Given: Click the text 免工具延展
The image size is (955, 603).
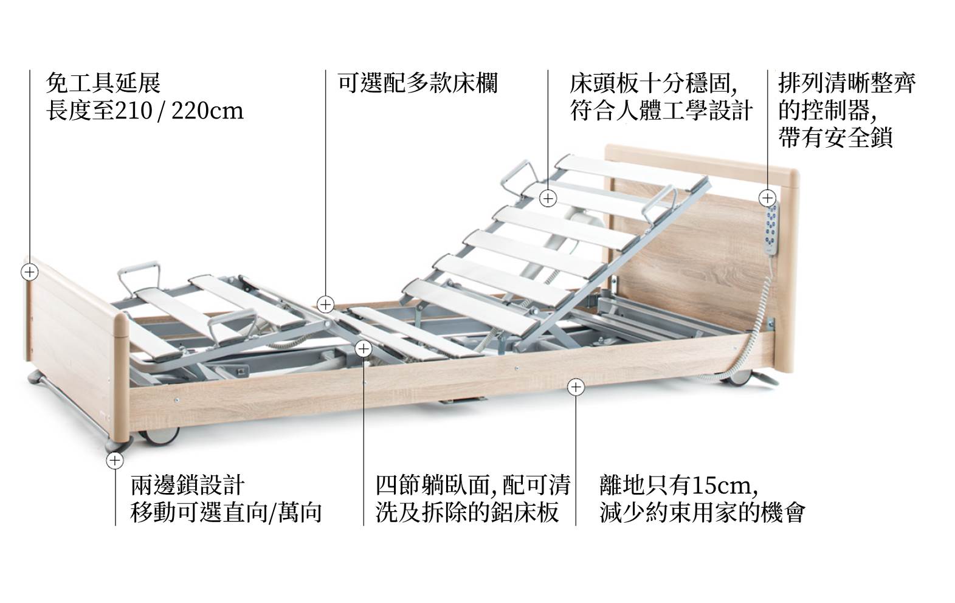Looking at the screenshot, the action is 103,83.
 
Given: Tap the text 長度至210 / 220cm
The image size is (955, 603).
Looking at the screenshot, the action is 145,111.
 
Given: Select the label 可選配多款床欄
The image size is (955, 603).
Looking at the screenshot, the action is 418,83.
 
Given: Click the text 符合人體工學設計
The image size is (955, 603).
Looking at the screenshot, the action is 661,111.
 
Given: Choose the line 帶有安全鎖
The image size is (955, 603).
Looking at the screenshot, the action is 835,138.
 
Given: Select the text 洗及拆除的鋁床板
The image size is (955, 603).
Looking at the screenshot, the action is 467,513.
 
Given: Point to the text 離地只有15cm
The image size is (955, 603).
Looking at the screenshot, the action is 678,485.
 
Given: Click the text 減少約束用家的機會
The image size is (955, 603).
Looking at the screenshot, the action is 702,513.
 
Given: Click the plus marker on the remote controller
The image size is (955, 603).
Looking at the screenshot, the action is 768,198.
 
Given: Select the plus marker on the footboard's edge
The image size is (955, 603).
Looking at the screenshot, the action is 29,272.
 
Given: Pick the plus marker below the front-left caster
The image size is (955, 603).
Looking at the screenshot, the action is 115,461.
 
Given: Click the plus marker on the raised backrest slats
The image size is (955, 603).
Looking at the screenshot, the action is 548,199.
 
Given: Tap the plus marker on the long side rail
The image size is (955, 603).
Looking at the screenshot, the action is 576,387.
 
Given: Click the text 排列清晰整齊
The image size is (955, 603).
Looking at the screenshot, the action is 847,83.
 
